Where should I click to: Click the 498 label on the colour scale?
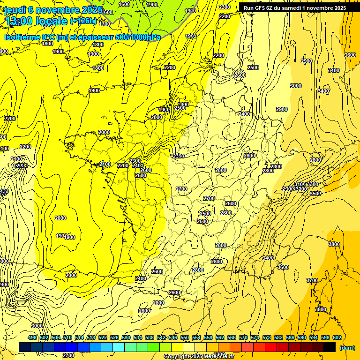[x=32, y=337]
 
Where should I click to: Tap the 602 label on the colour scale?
[x=337, y=337]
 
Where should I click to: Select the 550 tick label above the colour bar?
[x=184, y=337]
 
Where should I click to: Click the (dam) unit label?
[x=347, y=348]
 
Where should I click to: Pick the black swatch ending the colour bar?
[x=329, y=347]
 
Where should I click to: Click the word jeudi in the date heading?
[x=15, y=10]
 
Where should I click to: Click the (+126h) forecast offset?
[x=83, y=21]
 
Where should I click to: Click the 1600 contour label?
[x=124, y=4]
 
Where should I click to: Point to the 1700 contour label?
[x=105, y=24]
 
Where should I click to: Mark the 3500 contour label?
[x=315, y=194]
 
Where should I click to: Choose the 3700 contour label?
[x=312, y=280]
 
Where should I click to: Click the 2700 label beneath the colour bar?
[x=68, y=355]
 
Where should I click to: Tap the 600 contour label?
[x=108, y=12]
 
